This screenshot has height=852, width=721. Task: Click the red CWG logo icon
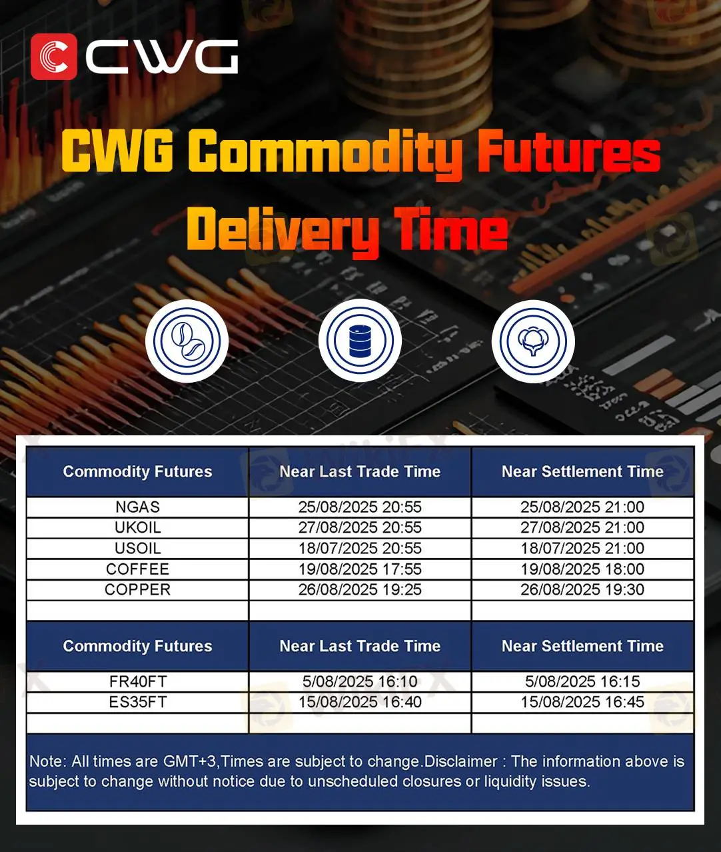(53, 57)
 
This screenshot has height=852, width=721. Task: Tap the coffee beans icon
(187, 341)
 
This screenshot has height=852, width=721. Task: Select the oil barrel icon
(360, 341)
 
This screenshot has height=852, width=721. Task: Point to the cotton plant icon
(533, 341)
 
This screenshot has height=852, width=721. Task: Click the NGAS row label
(138, 507)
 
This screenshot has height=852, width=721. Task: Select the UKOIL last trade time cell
(360, 527)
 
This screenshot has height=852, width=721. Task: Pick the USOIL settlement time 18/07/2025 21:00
(582, 548)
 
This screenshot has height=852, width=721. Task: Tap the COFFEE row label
(138, 569)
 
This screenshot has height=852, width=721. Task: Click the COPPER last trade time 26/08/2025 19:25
(360, 589)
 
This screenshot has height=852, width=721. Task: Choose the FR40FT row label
(138, 681)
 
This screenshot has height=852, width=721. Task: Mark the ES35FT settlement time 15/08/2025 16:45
(582, 702)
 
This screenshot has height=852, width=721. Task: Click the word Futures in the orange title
(569, 151)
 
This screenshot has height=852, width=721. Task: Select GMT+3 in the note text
(190, 761)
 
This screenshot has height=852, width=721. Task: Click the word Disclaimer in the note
(461, 761)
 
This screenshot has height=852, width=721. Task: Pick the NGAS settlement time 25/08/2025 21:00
(582, 507)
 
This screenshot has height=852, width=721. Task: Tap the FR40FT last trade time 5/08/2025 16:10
(360, 681)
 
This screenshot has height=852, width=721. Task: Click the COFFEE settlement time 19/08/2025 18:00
(582, 569)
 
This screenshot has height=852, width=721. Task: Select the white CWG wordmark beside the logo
(162, 57)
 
